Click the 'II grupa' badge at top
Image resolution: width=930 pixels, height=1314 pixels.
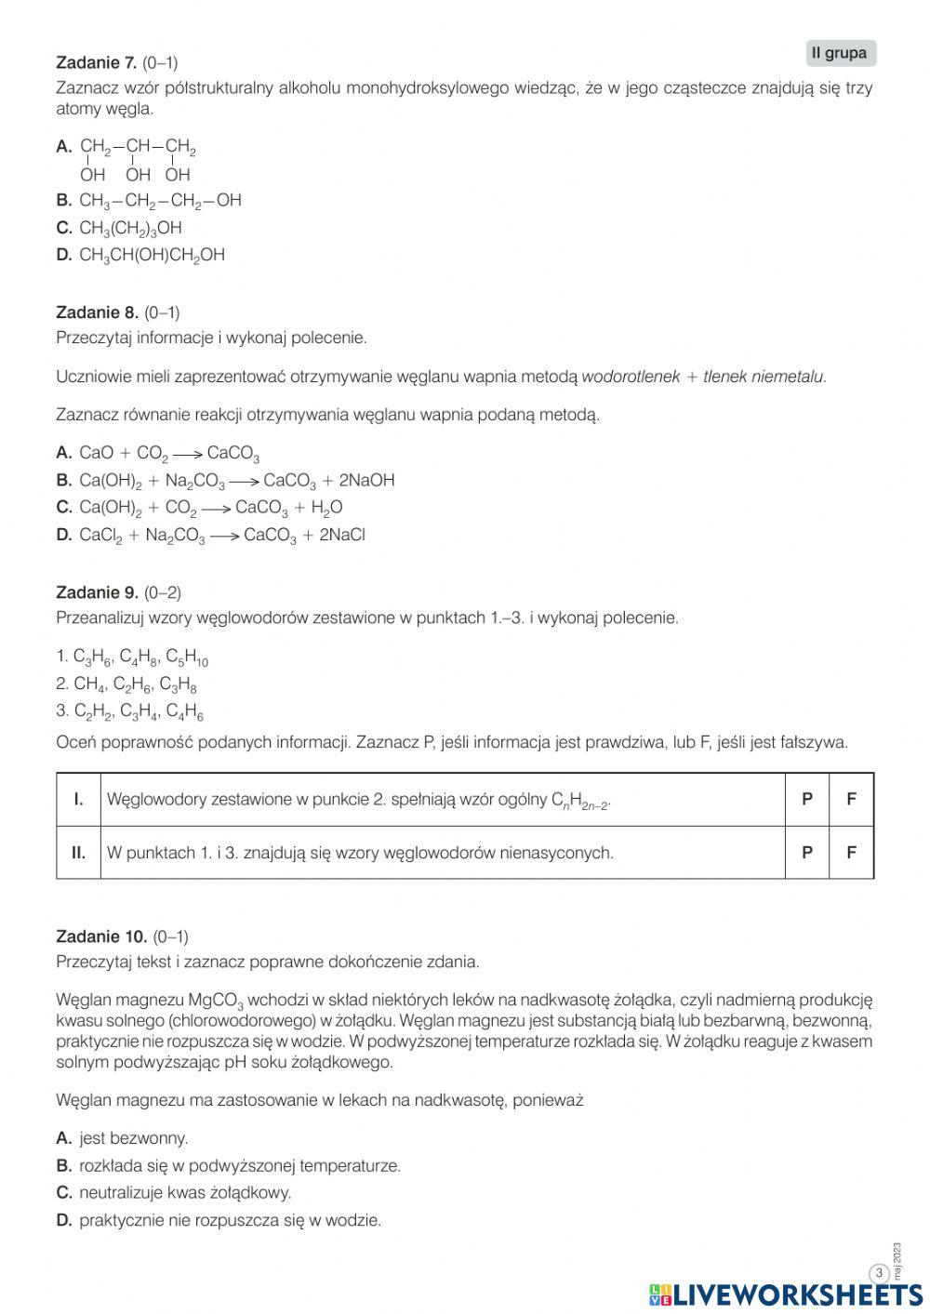(x=840, y=54)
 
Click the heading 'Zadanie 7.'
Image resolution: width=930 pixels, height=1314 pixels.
(x=97, y=63)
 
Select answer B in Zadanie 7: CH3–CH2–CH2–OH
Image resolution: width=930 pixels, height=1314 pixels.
(x=160, y=201)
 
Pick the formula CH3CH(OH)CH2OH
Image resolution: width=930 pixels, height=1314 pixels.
(x=152, y=255)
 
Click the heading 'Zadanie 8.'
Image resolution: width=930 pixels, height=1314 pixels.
(x=97, y=312)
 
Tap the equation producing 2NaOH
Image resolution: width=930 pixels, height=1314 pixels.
(x=236, y=481)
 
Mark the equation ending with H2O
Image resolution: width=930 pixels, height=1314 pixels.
(x=210, y=508)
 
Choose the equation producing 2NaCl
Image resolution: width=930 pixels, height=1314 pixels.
(x=221, y=536)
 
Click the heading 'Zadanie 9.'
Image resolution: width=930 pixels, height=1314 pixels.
(x=97, y=592)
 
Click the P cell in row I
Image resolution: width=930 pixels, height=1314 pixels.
(x=806, y=799)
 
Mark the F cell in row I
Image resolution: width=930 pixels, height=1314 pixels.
(x=851, y=799)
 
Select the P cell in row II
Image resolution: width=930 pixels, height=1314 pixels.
(x=806, y=852)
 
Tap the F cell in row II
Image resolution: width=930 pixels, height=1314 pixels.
(x=851, y=852)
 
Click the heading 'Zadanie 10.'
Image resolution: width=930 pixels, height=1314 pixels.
(x=101, y=936)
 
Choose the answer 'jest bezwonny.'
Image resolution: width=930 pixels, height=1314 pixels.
(x=133, y=1138)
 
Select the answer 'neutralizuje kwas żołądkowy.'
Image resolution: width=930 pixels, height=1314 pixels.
(x=184, y=1193)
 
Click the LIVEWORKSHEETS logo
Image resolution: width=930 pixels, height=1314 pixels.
(x=786, y=1294)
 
